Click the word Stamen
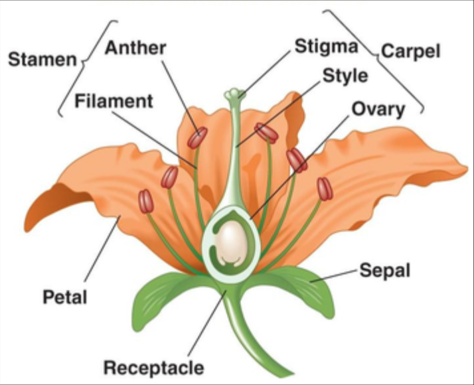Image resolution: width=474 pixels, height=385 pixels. click(x=42, y=60)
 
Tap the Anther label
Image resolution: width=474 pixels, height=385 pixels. click(x=135, y=48)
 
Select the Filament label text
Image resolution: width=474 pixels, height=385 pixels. click(x=114, y=102)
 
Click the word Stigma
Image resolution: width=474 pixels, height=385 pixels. click(x=327, y=46)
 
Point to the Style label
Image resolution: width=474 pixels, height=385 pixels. click(x=345, y=76)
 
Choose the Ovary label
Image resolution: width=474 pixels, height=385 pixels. click(x=378, y=109)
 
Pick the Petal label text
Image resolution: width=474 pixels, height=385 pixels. click(x=65, y=297)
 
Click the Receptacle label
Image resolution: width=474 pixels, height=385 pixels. click(x=153, y=366)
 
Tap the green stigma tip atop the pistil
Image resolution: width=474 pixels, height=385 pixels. click(x=234, y=94)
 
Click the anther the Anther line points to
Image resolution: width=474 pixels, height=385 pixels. click(x=197, y=137)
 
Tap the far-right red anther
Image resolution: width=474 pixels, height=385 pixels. click(x=325, y=189)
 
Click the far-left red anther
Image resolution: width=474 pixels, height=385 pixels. click(x=146, y=201)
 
